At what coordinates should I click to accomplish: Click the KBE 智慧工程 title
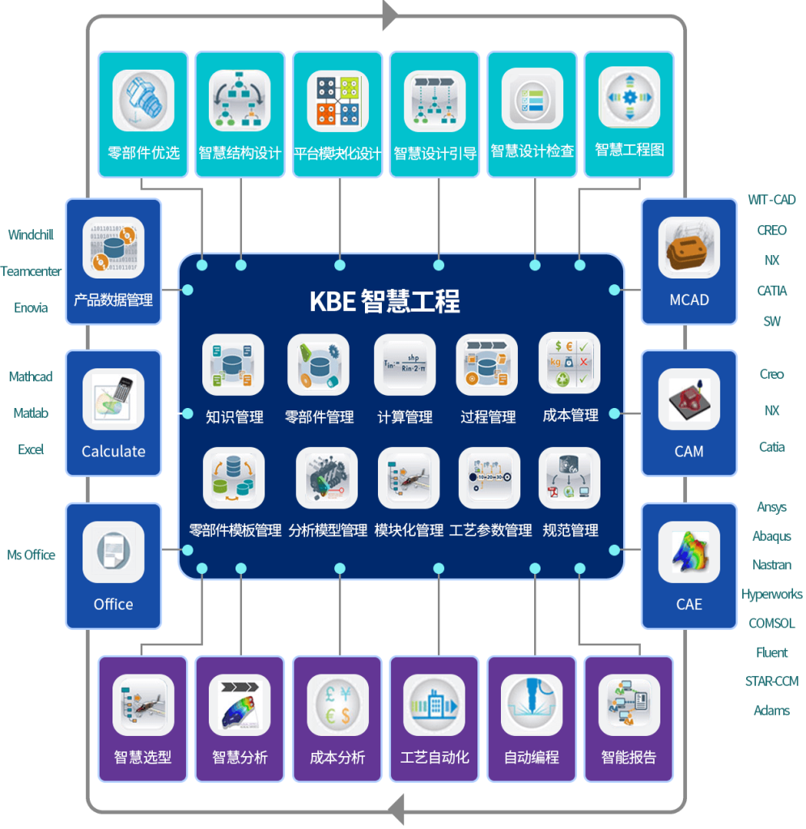(x=385, y=301)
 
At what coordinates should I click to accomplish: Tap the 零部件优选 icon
(x=143, y=101)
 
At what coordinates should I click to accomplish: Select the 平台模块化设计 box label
(x=337, y=153)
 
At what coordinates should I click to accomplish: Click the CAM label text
(x=689, y=452)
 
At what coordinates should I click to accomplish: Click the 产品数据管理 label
(x=113, y=300)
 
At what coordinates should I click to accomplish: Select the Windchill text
(x=32, y=235)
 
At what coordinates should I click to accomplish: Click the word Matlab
(x=32, y=414)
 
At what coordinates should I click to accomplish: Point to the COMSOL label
(x=772, y=623)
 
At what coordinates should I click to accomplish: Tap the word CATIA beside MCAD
(x=772, y=291)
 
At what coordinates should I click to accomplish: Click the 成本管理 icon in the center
(x=570, y=363)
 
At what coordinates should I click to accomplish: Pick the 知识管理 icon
(x=233, y=365)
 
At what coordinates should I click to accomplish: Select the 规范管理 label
(x=571, y=530)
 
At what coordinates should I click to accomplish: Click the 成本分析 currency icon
(x=337, y=705)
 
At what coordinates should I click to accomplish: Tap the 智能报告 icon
(x=629, y=705)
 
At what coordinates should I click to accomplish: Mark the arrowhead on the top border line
(x=390, y=15)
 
